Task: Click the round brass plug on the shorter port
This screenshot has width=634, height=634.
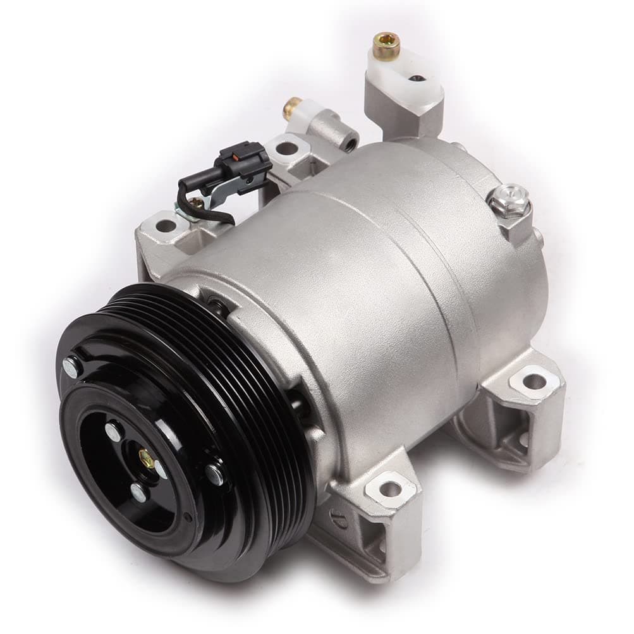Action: (x=291, y=109)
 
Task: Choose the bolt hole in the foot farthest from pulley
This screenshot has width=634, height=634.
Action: (x=534, y=381)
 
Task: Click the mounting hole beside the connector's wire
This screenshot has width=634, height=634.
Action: (x=166, y=225)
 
